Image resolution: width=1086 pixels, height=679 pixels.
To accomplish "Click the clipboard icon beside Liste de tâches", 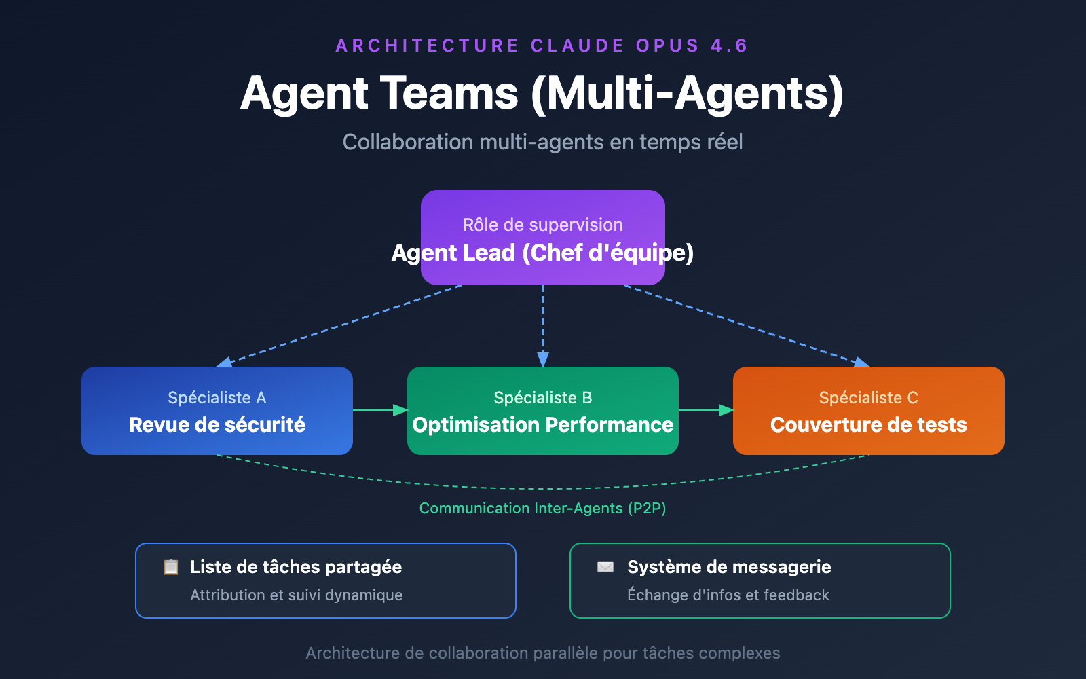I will click(171, 567).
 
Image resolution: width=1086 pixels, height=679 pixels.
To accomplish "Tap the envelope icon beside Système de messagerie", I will click(605, 567).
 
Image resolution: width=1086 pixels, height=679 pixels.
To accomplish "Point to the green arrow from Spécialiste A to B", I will click(380, 410).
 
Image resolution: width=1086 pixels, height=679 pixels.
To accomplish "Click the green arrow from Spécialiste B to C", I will click(706, 410).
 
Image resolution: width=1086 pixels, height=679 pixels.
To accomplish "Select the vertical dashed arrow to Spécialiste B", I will click(543, 326).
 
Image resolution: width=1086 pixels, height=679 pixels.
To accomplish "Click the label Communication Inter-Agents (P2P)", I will click(543, 509).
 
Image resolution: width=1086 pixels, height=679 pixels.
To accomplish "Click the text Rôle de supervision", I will click(543, 225).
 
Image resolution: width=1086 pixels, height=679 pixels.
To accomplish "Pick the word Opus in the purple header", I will click(667, 45).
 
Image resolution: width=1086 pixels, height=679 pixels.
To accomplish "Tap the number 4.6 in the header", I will click(729, 45).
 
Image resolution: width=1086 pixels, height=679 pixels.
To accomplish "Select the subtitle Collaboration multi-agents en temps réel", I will click(543, 142).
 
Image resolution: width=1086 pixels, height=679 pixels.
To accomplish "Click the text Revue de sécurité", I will click(217, 425).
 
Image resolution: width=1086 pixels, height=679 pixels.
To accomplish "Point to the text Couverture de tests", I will click(869, 425).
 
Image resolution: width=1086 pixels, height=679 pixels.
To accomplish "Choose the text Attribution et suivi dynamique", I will click(297, 595).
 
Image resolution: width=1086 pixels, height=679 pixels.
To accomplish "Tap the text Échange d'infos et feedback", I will click(728, 595).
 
